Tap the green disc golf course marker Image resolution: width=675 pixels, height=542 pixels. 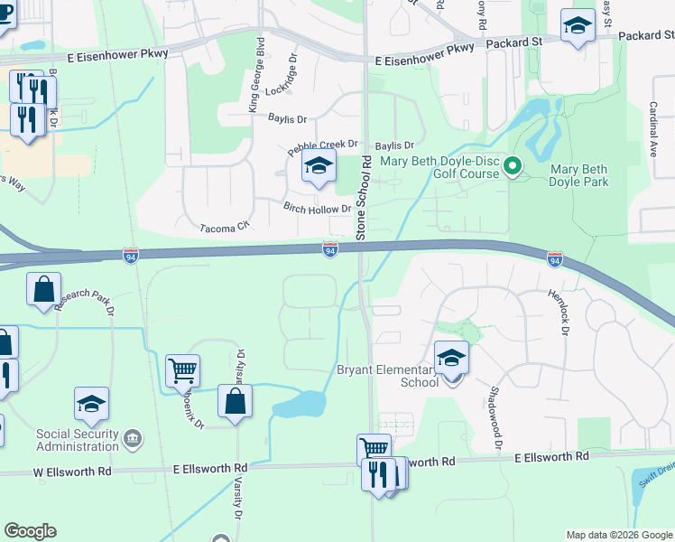point(513,165)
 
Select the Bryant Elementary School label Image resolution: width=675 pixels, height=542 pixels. point(388,376)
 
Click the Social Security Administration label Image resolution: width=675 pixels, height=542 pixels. point(78,440)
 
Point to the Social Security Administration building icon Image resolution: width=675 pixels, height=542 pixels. point(133,439)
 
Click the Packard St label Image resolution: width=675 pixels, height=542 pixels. point(513,42)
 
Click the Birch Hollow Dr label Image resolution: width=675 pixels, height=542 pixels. point(317,209)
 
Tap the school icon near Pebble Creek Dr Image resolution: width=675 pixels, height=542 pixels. point(318,167)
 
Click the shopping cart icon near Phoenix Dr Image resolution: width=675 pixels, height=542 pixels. point(182,369)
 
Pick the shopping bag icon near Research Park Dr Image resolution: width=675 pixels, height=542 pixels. point(43,290)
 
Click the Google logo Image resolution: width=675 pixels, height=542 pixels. point(30,531)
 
